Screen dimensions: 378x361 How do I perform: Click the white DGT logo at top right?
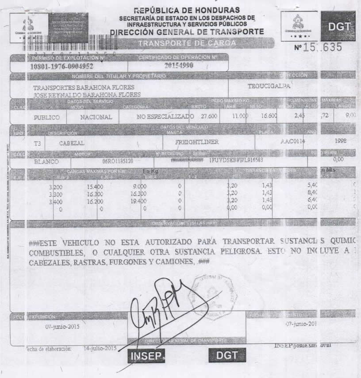click(x=338, y=27)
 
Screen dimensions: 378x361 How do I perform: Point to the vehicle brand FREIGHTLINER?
click(x=198, y=143)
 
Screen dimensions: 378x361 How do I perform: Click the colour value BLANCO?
click(x=46, y=162)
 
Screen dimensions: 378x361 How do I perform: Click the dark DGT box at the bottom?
click(x=227, y=355)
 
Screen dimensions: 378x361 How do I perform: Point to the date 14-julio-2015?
click(x=100, y=348)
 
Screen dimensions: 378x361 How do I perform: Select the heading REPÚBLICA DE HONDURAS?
click(x=187, y=10)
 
